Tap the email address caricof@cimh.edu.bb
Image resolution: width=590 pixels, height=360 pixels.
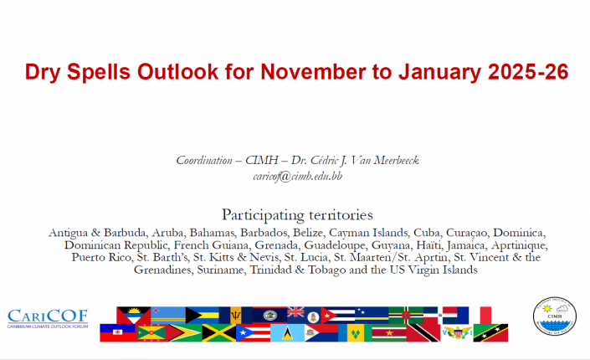(x=298, y=177)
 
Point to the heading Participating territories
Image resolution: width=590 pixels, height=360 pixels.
(x=297, y=215)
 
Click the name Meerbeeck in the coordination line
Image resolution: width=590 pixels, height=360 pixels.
(x=396, y=161)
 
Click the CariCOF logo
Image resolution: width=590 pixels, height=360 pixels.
(x=48, y=319)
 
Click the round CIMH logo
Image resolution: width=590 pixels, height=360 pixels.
(x=554, y=316)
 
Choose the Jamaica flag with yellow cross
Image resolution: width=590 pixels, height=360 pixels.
(x=219, y=333)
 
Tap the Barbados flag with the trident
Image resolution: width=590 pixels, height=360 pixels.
(x=235, y=315)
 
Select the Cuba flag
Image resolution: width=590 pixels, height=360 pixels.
(x=338, y=315)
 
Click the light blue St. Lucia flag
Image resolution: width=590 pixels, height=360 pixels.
(x=288, y=333)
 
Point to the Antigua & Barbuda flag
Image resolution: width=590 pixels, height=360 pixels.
(x=134, y=315)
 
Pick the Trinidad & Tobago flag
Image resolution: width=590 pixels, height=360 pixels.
(x=423, y=333)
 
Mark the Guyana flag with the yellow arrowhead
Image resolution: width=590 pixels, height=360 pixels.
(x=185, y=333)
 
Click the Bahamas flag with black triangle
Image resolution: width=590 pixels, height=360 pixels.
(x=203, y=315)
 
